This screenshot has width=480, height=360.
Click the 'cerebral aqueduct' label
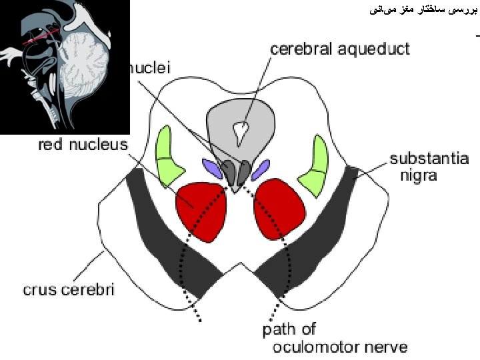coord(339,49)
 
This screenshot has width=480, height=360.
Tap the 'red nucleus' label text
coord(83,145)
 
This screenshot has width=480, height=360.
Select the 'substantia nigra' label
coord(429,167)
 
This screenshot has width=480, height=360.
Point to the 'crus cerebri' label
coord(69,289)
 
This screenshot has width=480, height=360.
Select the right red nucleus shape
coord(279,207)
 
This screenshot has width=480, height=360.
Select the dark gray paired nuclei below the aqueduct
coord(237,172)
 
